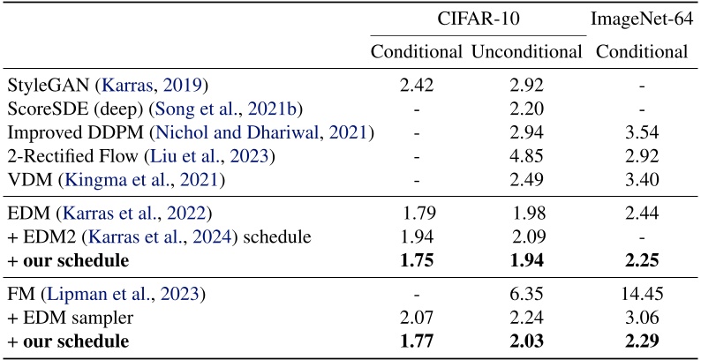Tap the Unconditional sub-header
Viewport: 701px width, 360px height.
pos(527,51)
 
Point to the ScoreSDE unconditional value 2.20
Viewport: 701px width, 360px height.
pos(527,109)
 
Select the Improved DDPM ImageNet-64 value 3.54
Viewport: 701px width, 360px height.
pos(642,132)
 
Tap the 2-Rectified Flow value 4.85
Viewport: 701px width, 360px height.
pos(527,156)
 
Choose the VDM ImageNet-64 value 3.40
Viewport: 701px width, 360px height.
pos(642,181)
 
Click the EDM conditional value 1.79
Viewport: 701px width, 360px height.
pos(418,213)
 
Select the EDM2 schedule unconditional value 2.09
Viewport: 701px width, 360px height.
pos(527,236)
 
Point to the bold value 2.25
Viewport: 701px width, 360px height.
pos(642,260)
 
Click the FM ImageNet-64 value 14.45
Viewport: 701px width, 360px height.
pos(642,292)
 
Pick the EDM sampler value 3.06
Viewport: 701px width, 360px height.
pos(642,316)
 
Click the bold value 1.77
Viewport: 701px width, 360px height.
pos(418,341)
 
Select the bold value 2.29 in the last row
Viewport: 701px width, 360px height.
pos(642,341)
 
